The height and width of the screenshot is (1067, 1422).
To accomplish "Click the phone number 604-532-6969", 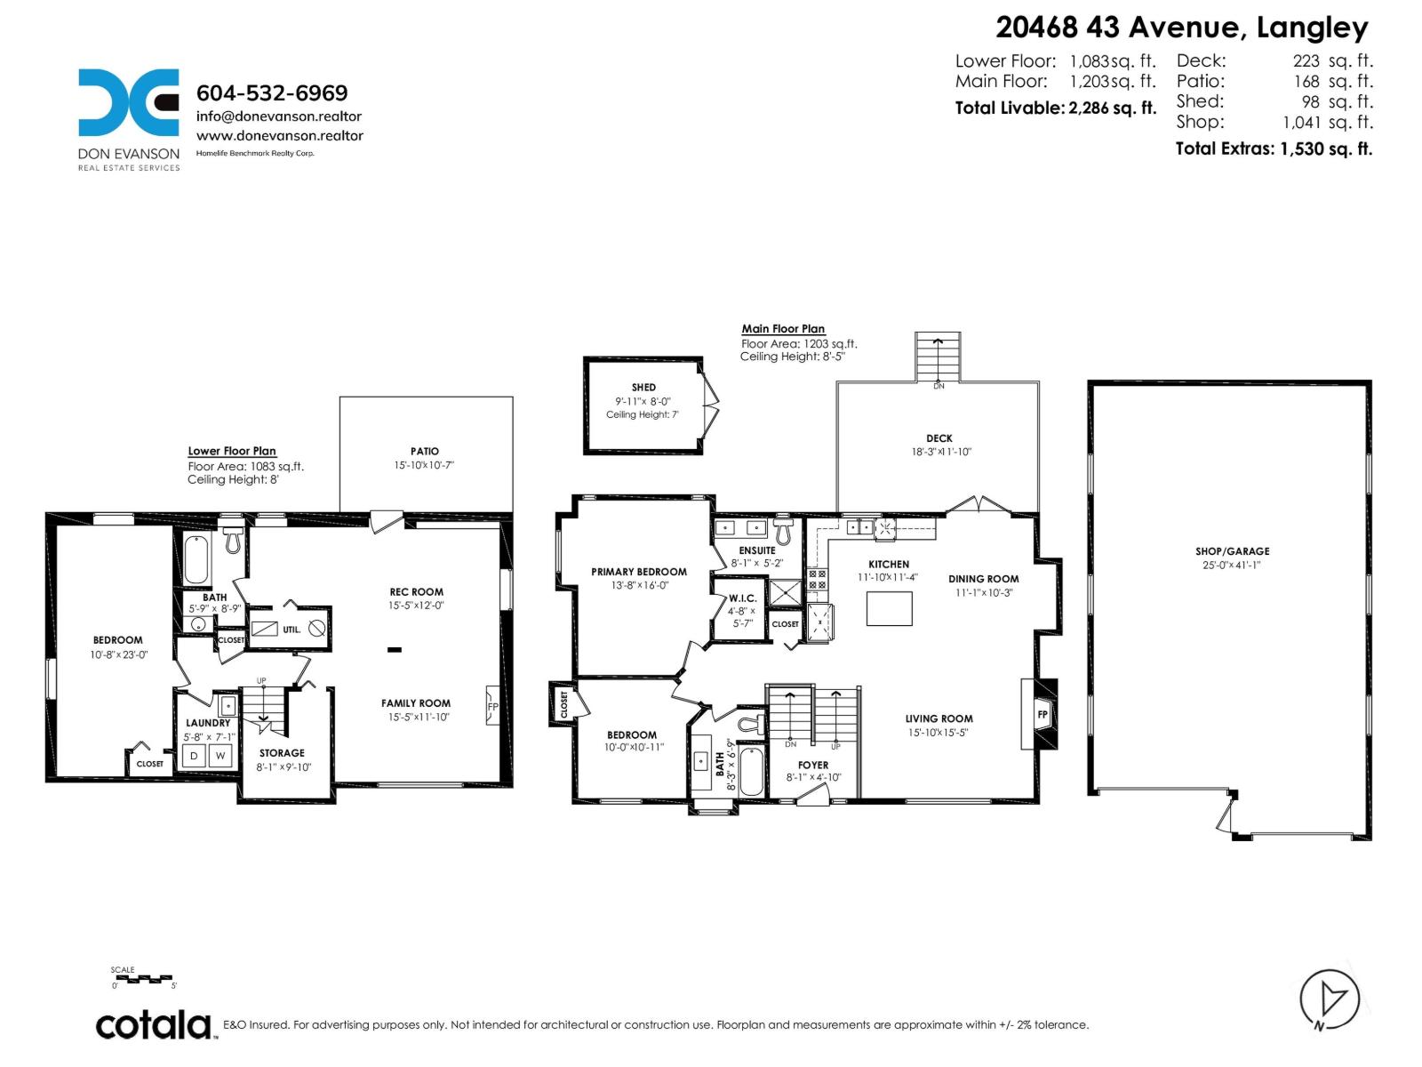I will [272, 93].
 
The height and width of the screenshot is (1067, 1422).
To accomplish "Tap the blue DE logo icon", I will [129, 102].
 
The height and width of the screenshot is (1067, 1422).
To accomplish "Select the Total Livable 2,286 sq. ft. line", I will [1056, 108].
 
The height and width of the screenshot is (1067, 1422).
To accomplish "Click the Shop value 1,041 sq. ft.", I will [1327, 123].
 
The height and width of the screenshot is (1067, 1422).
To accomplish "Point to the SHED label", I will [643, 388].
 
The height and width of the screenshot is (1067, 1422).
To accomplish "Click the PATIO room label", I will [425, 452].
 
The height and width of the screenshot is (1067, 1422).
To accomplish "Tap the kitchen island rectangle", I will [889, 608].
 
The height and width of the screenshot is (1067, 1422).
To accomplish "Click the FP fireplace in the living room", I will [1042, 714].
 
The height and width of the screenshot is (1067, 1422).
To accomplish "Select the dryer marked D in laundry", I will [195, 756].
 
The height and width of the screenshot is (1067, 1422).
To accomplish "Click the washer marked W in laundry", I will [220, 756].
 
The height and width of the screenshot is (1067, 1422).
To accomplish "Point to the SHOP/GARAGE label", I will [1232, 551].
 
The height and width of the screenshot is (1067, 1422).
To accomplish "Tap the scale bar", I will [144, 979].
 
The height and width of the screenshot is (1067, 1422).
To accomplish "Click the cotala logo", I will [154, 1025].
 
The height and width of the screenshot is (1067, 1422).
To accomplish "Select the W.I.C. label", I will [742, 598].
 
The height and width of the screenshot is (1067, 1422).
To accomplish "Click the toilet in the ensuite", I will [783, 532].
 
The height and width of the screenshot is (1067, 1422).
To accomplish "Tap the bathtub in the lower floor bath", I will [196, 558].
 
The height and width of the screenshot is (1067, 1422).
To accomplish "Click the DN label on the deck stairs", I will [939, 386].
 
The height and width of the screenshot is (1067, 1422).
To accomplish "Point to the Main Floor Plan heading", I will [783, 329].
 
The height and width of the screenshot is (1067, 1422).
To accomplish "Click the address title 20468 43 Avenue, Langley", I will [1181, 28].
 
